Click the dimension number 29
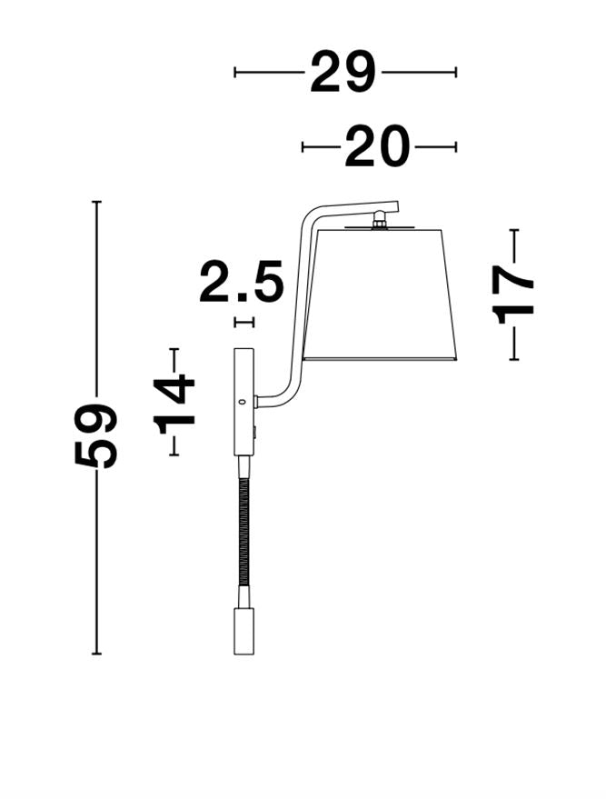[x=343, y=72]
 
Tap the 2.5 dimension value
[x=241, y=281]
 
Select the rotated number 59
[x=96, y=435]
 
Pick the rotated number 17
[x=513, y=295]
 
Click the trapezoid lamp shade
[x=380, y=295]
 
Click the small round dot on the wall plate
[x=243, y=402]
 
